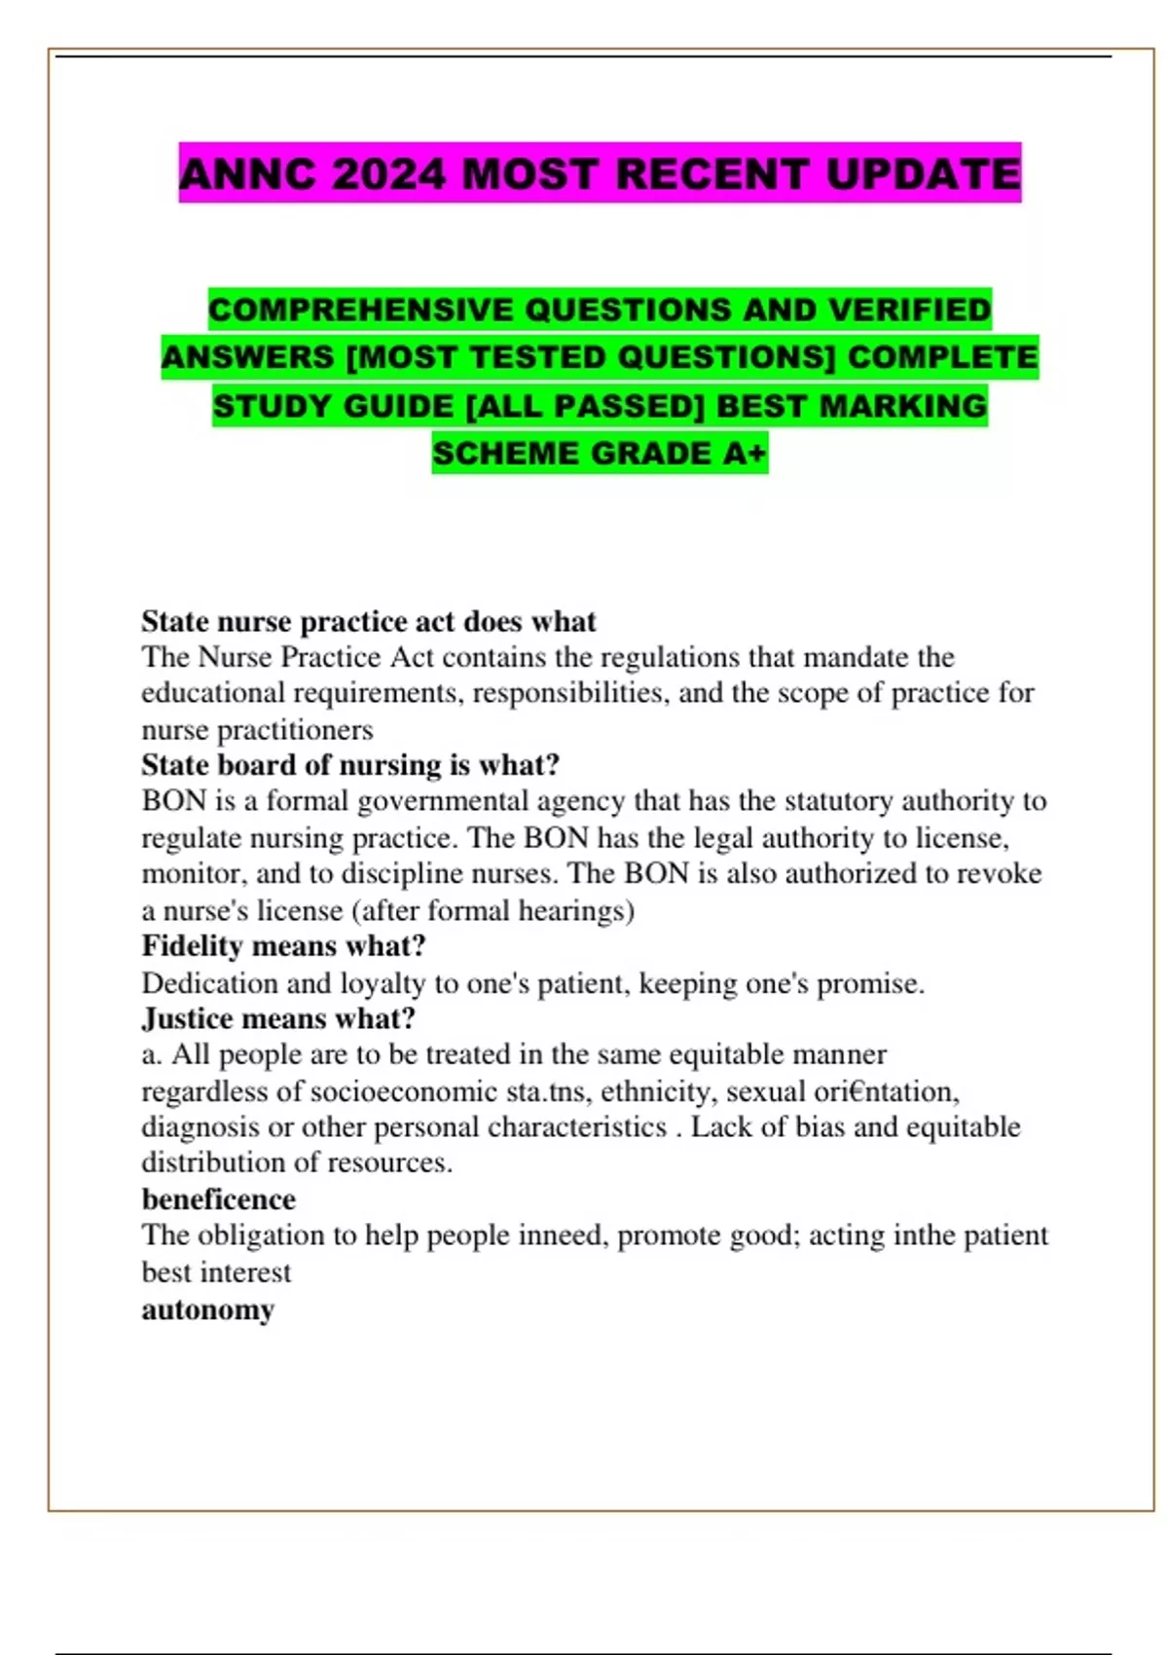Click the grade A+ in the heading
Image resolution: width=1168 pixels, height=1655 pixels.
745,454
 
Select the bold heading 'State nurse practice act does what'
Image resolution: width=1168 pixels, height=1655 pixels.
368,621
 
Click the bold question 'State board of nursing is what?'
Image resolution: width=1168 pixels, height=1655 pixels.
350,765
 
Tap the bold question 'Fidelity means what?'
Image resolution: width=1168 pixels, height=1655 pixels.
283,946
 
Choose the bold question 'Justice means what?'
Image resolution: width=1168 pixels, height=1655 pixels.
278,1018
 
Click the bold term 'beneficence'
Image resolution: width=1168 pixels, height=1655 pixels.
218,1199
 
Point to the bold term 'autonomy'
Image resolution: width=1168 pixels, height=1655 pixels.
207,1309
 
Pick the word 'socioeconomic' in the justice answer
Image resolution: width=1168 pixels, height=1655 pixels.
404,1091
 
